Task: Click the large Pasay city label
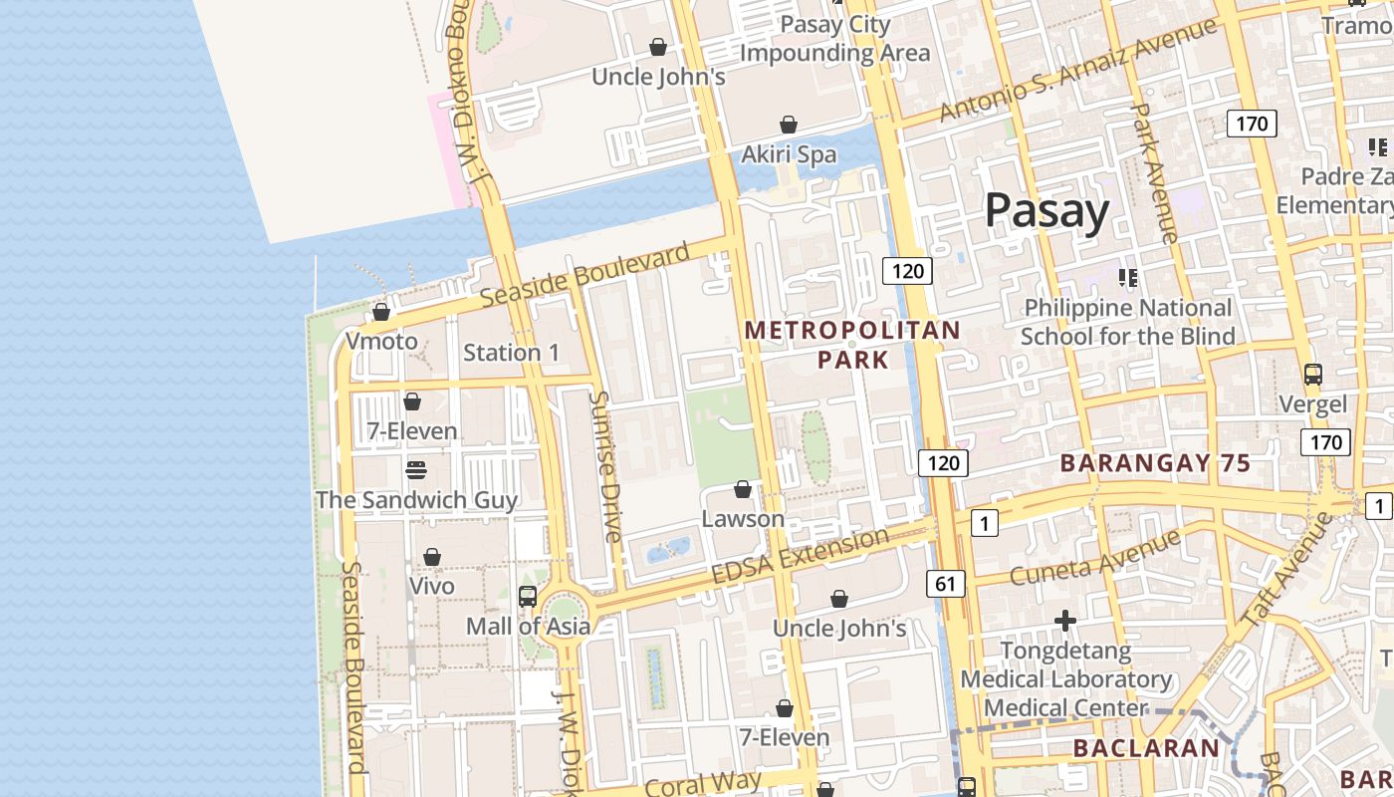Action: [1046, 212]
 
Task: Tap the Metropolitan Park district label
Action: [852, 344]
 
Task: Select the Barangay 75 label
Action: [1155, 463]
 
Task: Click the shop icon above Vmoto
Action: [380, 313]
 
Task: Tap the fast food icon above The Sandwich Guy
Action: [415, 469]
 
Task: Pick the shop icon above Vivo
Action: [432, 557]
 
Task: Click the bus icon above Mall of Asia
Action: [528, 597]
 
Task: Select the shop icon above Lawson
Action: [742, 489]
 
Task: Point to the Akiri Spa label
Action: [789, 154]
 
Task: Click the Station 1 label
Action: [511, 353]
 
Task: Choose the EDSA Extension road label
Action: [801, 557]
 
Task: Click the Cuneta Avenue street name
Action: [1094, 558]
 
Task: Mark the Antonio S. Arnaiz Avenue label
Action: [1077, 70]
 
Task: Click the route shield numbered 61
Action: [945, 583]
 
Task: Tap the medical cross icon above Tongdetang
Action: [1065, 622]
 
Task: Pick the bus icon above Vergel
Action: [1313, 375]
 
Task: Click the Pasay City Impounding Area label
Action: [834, 38]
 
